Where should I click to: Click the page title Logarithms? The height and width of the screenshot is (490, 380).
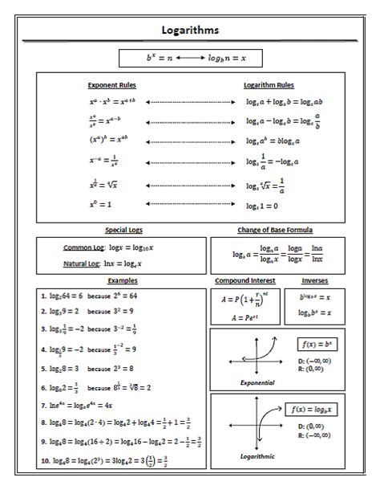point(189,31)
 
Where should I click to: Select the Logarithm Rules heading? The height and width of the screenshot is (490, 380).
point(269,84)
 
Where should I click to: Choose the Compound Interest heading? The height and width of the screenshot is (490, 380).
point(245,281)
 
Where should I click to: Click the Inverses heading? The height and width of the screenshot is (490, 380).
point(314,281)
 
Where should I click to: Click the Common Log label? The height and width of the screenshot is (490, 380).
point(82,247)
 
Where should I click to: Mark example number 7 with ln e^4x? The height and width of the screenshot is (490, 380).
point(76,406)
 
